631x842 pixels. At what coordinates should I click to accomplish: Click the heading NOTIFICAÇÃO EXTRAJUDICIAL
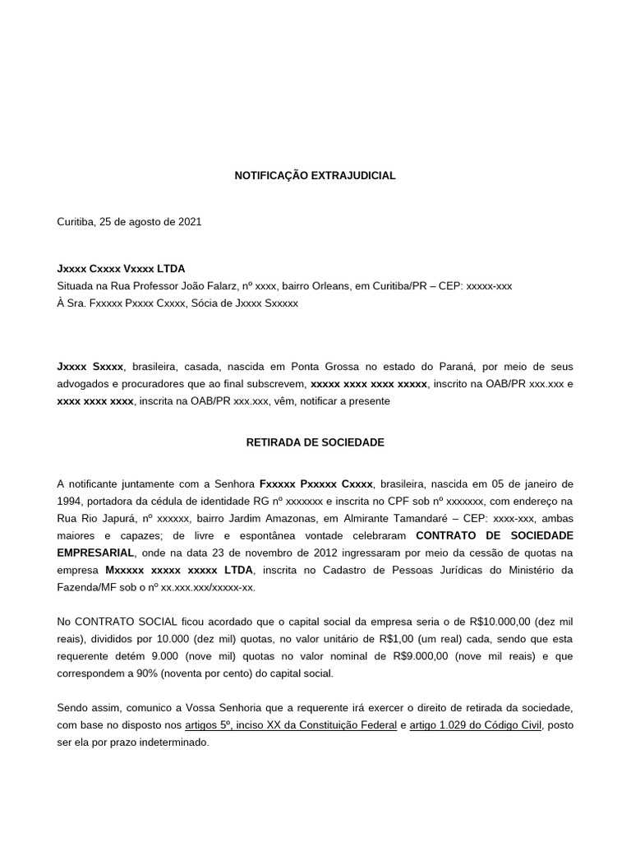(x=315, y=176)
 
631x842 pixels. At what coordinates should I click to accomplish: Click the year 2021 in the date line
(x=190, y=222)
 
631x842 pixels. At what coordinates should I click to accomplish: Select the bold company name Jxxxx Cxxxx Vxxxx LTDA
(x=121, y=269)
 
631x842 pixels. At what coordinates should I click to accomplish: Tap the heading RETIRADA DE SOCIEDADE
(x=315, y=442)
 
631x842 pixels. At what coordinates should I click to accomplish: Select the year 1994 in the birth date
(x=69, y=502)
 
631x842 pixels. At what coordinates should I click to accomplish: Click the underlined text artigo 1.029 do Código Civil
(x=477, y=725)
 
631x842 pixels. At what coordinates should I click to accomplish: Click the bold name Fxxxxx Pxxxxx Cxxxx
(x=316, y=484)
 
